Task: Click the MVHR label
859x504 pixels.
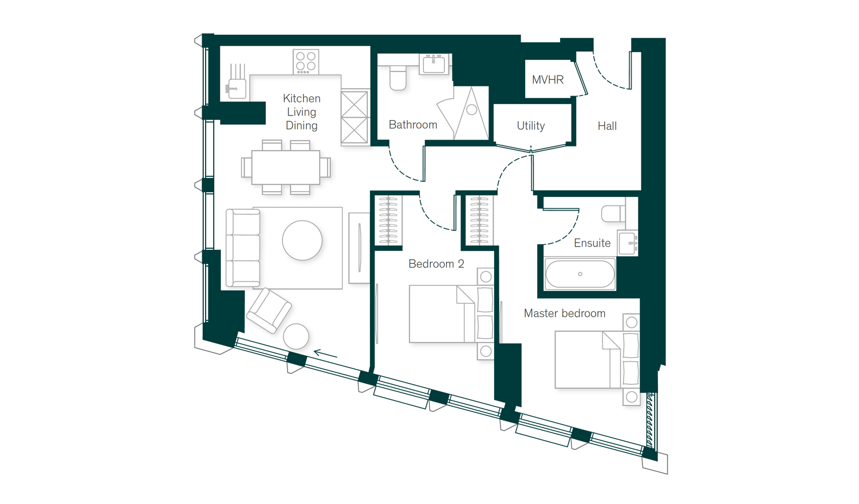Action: pos(547,80)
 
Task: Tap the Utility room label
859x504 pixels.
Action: pos(531,126)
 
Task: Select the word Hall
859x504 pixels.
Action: pos(607,126)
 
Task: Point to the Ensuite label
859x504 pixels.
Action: pos(592,243)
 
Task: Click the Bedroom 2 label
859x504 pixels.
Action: pos(436,264)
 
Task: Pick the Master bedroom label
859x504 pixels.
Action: pos(565,313)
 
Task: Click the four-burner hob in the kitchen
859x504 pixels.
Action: pos(306,62)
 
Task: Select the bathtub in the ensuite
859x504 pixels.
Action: pos(580,274)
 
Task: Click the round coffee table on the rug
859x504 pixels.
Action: pos(302,240)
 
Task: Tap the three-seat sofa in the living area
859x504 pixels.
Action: pos(243,248)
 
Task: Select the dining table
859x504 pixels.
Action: pos(286,168)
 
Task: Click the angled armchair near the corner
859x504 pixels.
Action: pos(269,311)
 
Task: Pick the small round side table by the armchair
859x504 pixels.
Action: pos(296,336)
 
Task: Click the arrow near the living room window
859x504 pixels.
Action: pos(326,354)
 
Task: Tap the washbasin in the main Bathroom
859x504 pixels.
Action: pos(434,64)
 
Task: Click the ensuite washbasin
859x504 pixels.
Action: pos(628,243)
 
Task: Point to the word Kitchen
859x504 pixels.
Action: pos(302,98)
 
